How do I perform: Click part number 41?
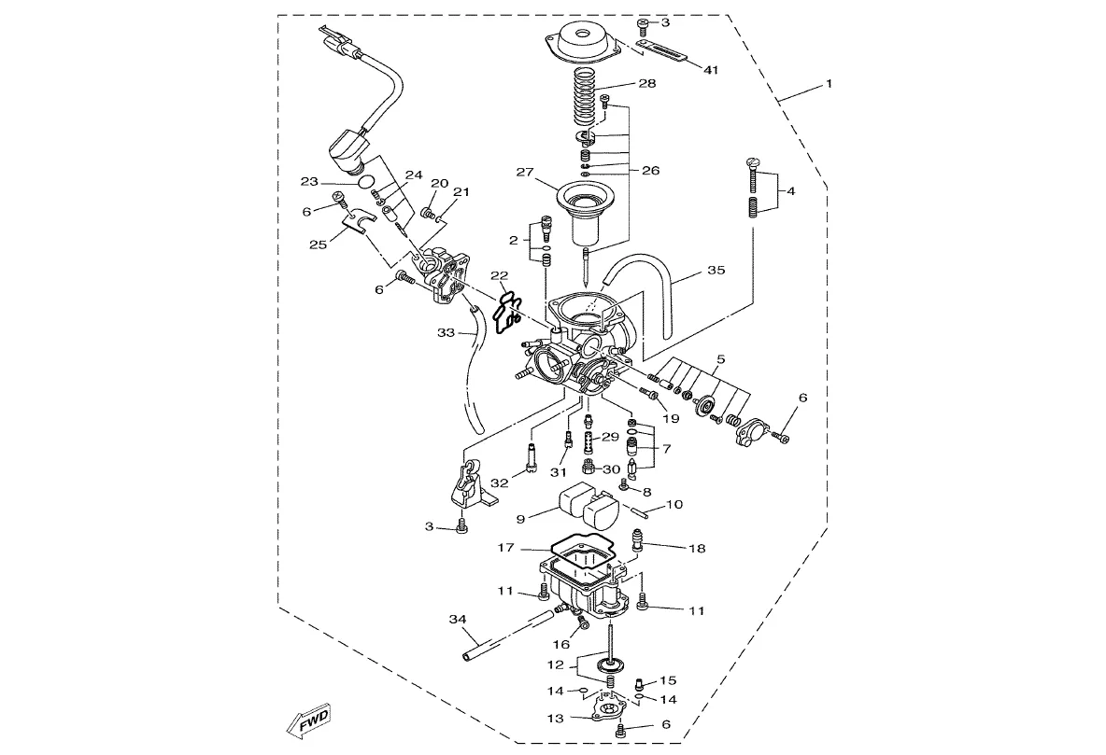[x=710, y=70]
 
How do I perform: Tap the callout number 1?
[x=829, y=83]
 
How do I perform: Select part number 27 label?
[x=525, y=172]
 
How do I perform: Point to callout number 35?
[x=716, y=270]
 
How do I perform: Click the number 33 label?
[x=446, y=333]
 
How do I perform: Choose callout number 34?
[x=458, y=619]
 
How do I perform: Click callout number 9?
[x=520, y=520]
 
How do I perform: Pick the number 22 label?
[x=500, y=274]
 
